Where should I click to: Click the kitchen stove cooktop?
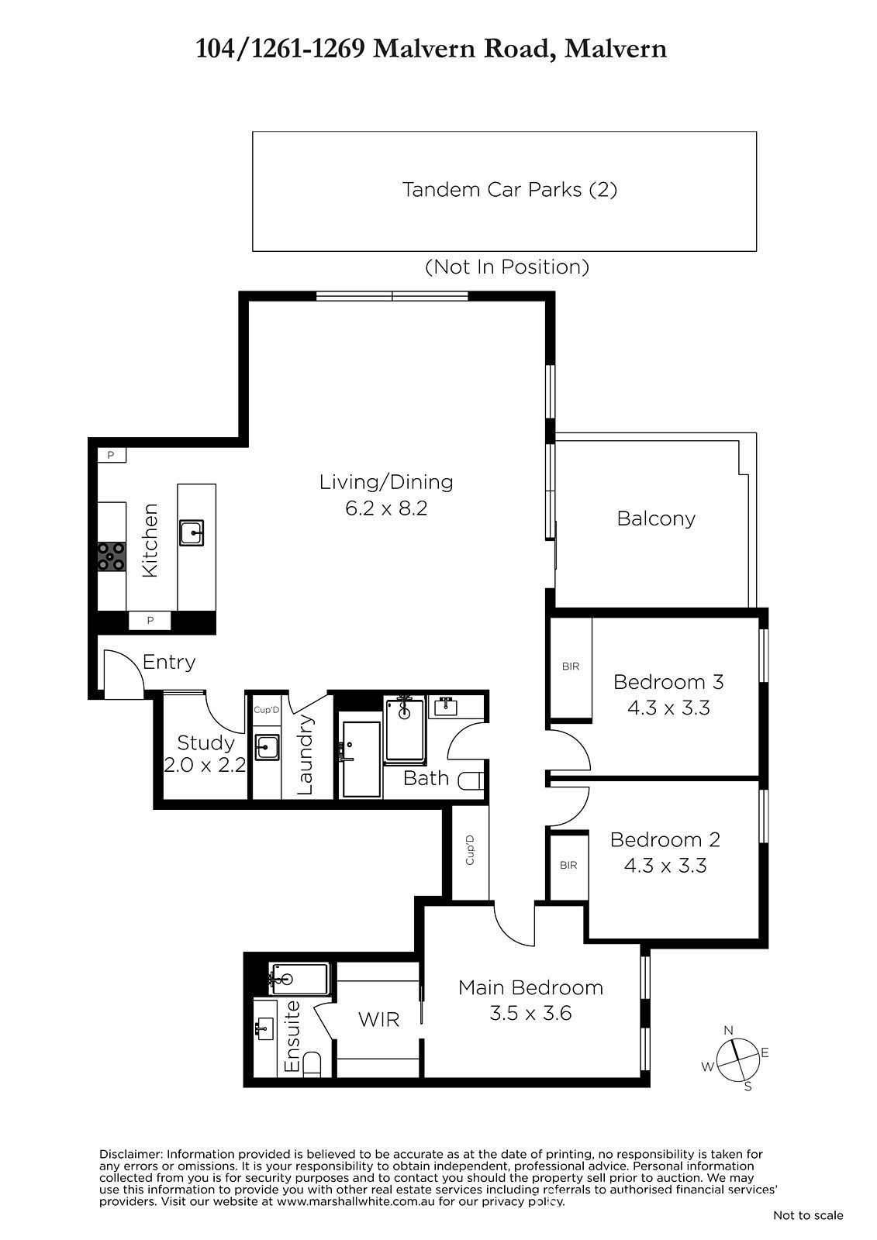[112, 556]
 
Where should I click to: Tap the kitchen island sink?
[191, 532]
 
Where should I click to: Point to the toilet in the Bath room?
[471, 780]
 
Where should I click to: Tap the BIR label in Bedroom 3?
[570, 666]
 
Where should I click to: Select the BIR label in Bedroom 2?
[568, 865]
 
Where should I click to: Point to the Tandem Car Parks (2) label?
[509, 190]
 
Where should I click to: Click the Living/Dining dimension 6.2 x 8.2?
[386, 508]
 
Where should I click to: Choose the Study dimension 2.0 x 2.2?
[205, 765]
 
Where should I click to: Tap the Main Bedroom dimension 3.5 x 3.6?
[530, 1013]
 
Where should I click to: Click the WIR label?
[379, 1020]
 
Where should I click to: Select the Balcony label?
[656, 518]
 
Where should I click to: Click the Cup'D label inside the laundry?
[266, 710]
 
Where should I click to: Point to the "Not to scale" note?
[808, 1216]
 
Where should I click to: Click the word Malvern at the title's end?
[615, 50]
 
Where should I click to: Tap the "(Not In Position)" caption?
[507, 267]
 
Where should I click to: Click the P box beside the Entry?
[150, 621]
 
